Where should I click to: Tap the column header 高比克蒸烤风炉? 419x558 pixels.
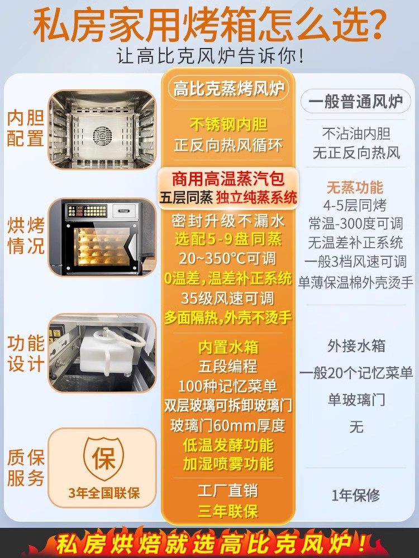[228, 89]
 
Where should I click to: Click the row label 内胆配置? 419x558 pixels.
[26, 129]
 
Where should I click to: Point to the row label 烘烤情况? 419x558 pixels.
[26, 237]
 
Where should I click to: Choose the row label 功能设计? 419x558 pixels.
[26, 353]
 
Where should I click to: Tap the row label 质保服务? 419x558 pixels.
[26, 468]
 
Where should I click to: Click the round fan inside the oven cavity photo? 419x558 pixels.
[102, 134]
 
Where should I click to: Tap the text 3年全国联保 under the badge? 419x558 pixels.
[104, 493]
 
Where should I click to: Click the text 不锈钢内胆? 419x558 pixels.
[228, 124]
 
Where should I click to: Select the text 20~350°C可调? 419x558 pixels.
[228, 259]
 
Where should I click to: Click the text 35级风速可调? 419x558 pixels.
[228, 298]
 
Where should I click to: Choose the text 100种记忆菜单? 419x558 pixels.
[228, 386]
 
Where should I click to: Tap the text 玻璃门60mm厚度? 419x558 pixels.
[228, 426]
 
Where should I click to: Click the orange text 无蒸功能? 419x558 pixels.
[355, 187]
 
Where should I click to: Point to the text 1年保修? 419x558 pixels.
[355, 495]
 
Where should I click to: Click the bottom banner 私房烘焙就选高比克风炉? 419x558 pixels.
[209, 542]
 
